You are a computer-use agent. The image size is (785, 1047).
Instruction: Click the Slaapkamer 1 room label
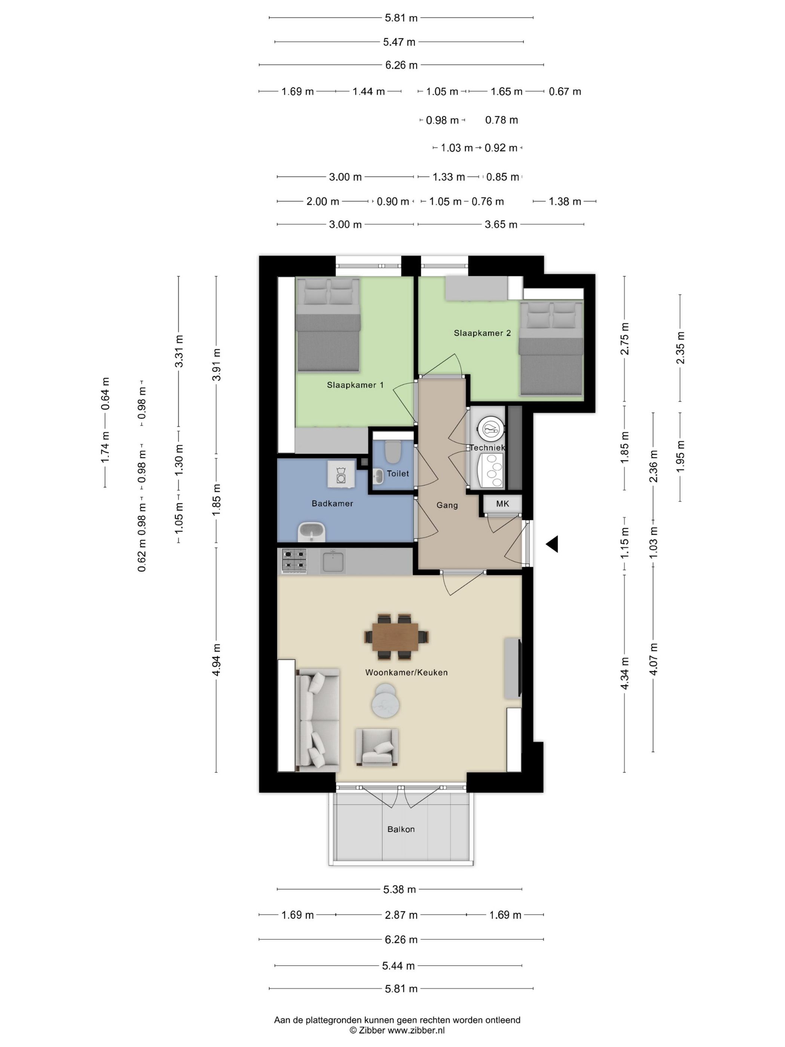click(355, 385)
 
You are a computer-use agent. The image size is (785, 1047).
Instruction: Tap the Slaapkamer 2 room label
click(482, 333)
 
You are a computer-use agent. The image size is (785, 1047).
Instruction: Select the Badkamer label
click(332, 503)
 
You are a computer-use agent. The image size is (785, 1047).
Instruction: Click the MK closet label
click(502, 504)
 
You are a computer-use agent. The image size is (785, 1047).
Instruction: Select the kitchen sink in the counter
click(333, 561)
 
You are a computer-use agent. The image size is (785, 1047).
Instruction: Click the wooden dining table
click(395, 637)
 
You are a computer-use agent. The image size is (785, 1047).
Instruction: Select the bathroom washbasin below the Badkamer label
click(311, 532)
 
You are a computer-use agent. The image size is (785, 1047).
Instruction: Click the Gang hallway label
click(447, 505)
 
